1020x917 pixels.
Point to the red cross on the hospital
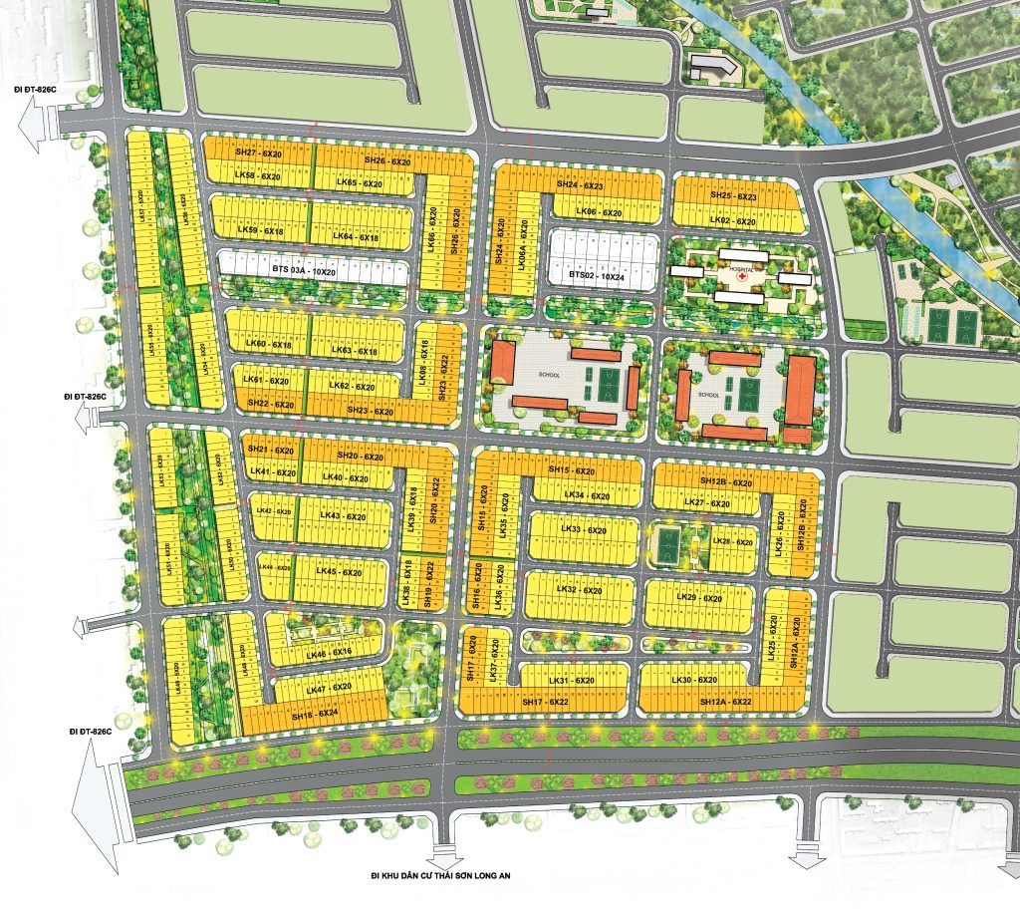click(x=742, y=275)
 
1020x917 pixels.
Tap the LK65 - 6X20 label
click(x=360, y=183)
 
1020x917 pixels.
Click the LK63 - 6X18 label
click(x=354, y=351)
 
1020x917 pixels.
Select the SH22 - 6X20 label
click(x=271, y=404)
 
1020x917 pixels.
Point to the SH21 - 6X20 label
click(x=271, y=452)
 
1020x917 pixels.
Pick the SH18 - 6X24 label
click(x=316, y=714)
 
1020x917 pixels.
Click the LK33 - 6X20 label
click(x=584, y=530)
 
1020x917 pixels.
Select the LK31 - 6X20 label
click(x=571, y=681)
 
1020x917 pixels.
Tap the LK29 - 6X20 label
click(x=698, y=598)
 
